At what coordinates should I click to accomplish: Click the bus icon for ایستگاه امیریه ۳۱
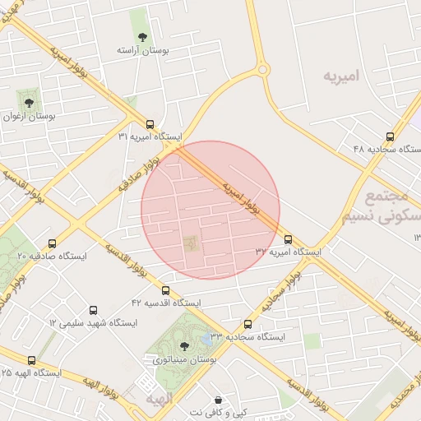pos(150,123)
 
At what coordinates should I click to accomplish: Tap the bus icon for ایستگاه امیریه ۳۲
pos(287,239)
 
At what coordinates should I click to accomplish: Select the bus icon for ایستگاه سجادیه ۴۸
pos(390,136)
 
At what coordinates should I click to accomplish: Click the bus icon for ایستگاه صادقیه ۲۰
pos(53,244)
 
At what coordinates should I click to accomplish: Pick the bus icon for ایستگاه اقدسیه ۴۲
pos(166,290)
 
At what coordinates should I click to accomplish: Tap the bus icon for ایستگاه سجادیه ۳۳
pos(248,324)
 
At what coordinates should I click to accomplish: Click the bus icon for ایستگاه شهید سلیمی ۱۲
pos(93,311)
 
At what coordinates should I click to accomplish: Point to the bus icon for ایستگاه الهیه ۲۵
pos(32,360)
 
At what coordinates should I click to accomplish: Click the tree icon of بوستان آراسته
pos(143,37)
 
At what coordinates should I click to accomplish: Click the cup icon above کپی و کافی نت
pos(217,398)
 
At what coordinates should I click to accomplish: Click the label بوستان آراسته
pos(143,51)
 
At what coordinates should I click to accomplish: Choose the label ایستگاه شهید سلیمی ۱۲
pos(94,323)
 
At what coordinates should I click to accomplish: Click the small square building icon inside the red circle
pos(192,243)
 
